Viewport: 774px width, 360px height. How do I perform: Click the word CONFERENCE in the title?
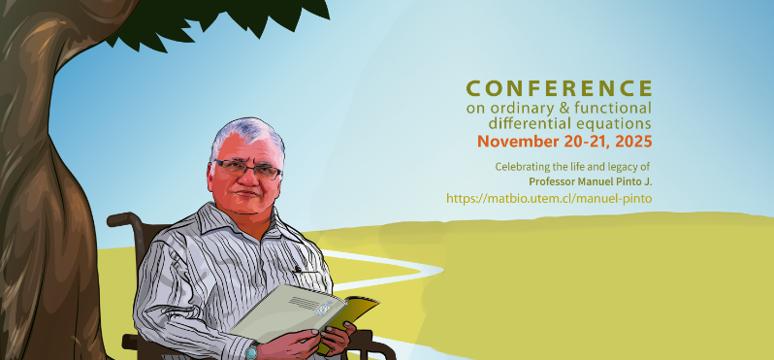[559, 88]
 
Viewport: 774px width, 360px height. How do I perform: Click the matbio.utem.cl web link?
[549, 198]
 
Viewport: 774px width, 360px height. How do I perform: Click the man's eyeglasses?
[248, 167]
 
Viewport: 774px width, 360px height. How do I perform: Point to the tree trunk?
[44, 194]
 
